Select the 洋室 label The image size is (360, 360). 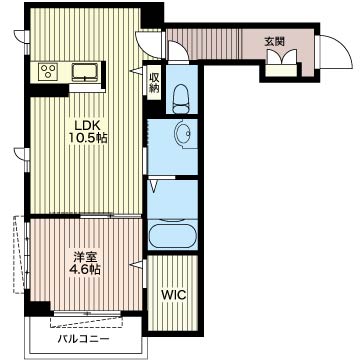click(x=83, y=255)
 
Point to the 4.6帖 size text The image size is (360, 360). click(x=83, y=269)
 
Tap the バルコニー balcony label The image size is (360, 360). click(x=82, y=340)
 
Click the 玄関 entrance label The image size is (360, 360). click(x=274, y=41)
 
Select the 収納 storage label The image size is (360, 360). click(x=154, y=82)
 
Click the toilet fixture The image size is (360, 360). click(x=181, y=98)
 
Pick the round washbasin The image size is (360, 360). click(x=183, y=133)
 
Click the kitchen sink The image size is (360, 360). click(x=85, y=71)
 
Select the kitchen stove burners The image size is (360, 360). click(x=47, y=71)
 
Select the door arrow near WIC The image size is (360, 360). click(x=137, y=265)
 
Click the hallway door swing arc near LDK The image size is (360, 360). click(x=172, y=47)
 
